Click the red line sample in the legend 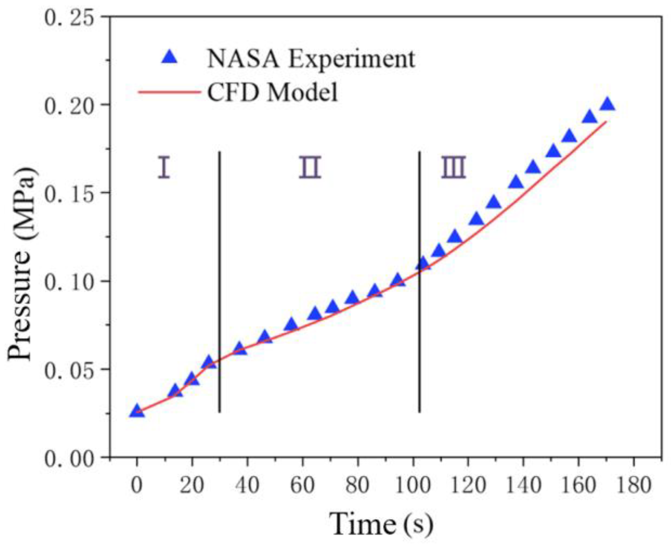click(x=169, y=92)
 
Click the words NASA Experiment click(x=310, y=59)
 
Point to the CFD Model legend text click(x=273, y=92)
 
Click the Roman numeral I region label click(x=164, y=168)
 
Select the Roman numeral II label click(x=310, y=168)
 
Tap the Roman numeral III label click(x=454, y=168)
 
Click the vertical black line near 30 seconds click(x=219, y=281)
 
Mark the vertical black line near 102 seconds click(x=419, y=281)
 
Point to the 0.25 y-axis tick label click(x=69, y=17)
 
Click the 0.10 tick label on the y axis click(x=69, y=282)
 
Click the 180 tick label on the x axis click(x=633, y=485)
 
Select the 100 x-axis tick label click(x=413, y=485)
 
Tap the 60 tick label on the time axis click(x=302, y=485)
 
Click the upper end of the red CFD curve click(x=606, y=122)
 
